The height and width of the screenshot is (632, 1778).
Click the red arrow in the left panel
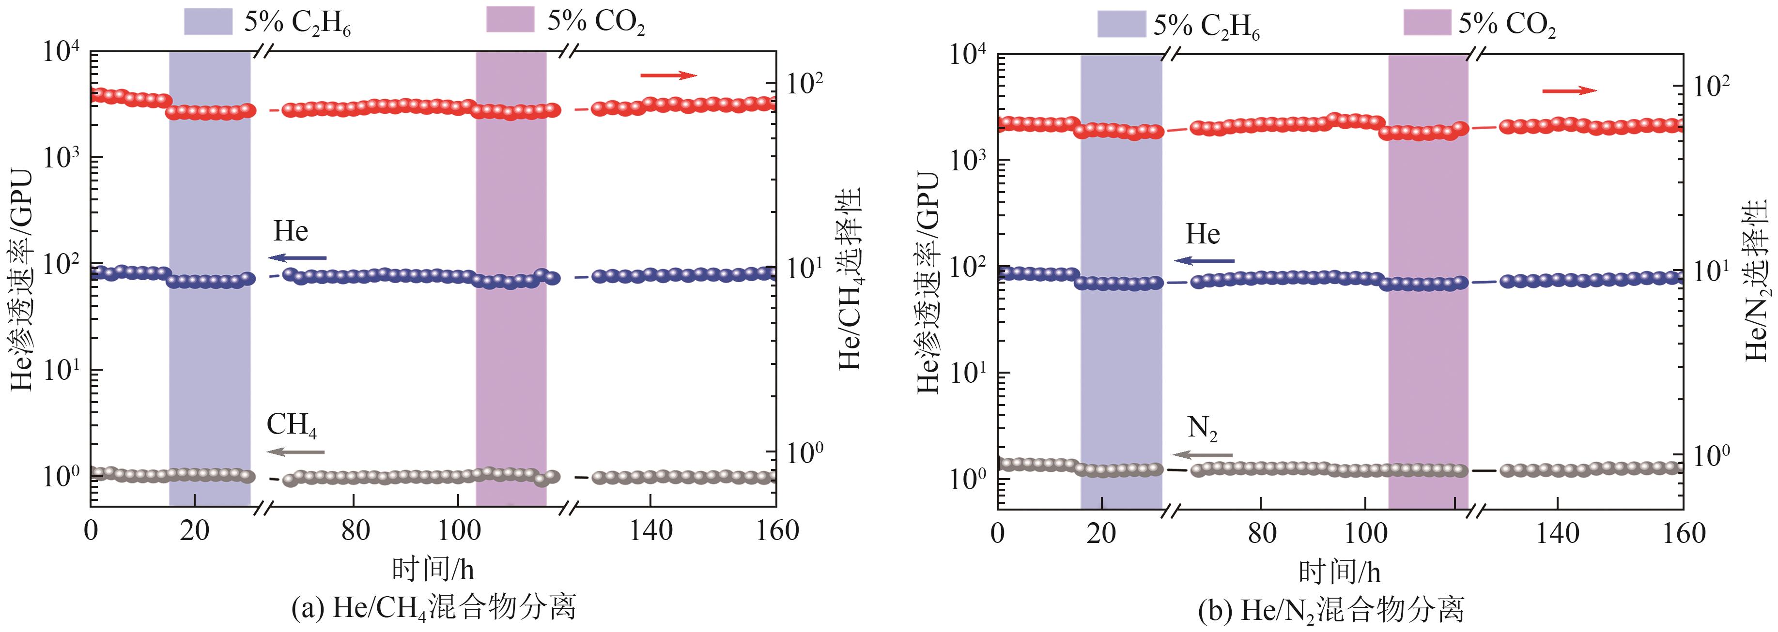[668, 75]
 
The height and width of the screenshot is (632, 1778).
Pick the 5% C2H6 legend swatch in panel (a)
[208, 21]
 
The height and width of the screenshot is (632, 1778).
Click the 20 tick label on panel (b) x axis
[1100, 533]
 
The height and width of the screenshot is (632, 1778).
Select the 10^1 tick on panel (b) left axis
[968, 373]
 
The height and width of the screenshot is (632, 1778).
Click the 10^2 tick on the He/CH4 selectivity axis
[805, 84]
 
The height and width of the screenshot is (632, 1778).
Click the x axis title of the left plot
[433, 569]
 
